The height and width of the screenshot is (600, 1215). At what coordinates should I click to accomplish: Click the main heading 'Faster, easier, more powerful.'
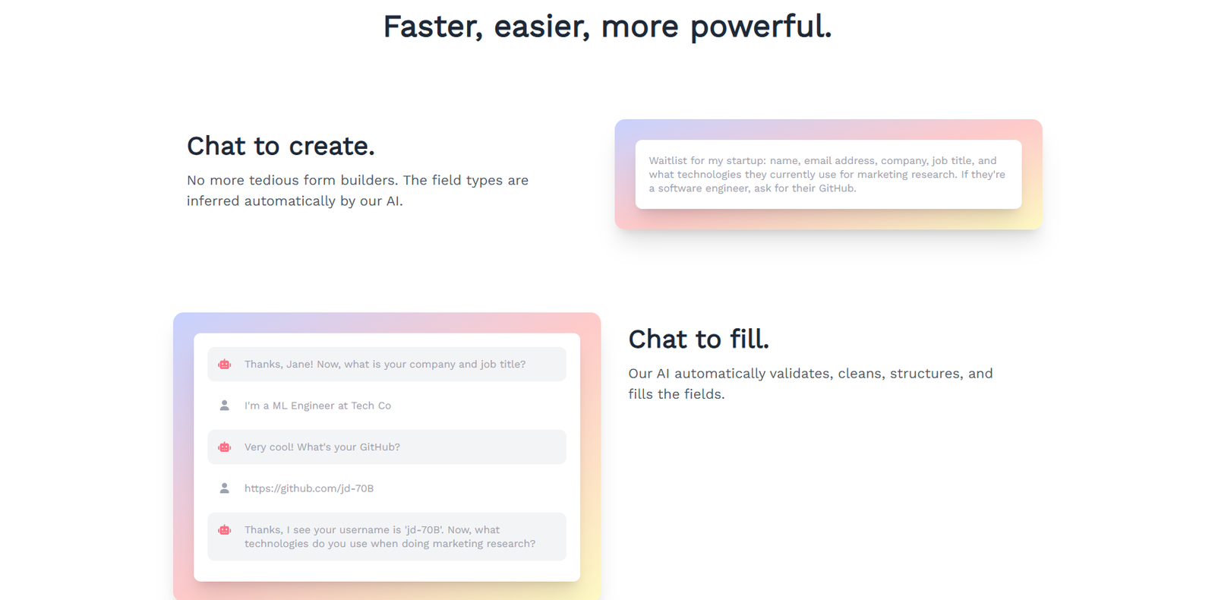tap(607, 27)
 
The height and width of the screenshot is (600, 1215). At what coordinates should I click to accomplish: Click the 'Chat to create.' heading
tap(281, 146)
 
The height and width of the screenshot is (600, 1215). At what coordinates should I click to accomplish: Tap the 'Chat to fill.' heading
tap(699, 339)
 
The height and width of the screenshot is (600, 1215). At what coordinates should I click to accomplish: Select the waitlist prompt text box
tap(828, 175)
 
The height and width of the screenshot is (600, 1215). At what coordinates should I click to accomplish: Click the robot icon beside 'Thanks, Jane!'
tap(225, 365)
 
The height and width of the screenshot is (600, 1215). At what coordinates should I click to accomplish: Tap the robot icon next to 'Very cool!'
tap(225, 447)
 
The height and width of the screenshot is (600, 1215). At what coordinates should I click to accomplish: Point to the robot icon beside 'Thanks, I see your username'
tap(225, 530)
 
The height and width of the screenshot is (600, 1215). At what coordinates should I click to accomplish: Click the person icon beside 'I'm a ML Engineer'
tap(225, 406)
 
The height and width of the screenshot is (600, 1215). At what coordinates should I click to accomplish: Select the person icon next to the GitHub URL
tap(225, 488)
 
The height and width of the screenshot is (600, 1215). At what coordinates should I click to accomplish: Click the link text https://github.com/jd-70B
tap(308, 488)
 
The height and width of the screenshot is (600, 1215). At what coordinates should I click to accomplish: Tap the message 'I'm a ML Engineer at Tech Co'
tap(317, 406)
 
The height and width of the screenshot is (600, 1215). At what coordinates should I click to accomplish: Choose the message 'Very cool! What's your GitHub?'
tap(322, 447)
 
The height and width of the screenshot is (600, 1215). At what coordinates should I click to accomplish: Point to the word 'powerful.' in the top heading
tap(761, 27)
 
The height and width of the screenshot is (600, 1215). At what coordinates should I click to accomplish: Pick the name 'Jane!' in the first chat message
tap(299, 364)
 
